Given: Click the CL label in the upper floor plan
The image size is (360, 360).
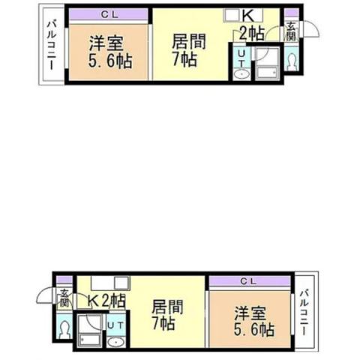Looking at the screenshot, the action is (109, 15).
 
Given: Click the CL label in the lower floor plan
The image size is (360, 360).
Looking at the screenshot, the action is (248, 282).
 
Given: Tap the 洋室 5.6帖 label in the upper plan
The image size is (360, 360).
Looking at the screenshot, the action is (110, 52).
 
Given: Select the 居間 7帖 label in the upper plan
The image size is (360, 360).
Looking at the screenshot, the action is (189, 50).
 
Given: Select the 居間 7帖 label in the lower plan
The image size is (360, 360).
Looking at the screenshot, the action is (168, 314).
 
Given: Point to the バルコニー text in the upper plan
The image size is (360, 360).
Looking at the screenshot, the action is (52, 46).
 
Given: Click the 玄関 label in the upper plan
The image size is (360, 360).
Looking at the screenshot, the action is (291, 31).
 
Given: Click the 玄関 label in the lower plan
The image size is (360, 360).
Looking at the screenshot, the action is (64, 298).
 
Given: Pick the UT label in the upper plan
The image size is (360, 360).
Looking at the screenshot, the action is (241, 58).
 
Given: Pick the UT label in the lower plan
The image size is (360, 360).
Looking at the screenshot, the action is (115, 325).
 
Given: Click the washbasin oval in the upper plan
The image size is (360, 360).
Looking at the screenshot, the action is (241, 74).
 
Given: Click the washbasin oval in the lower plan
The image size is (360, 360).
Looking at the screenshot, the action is (115, 342).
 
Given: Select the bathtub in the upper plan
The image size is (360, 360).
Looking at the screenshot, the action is (267, 73).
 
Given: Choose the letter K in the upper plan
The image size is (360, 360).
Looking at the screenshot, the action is (248, 16).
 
